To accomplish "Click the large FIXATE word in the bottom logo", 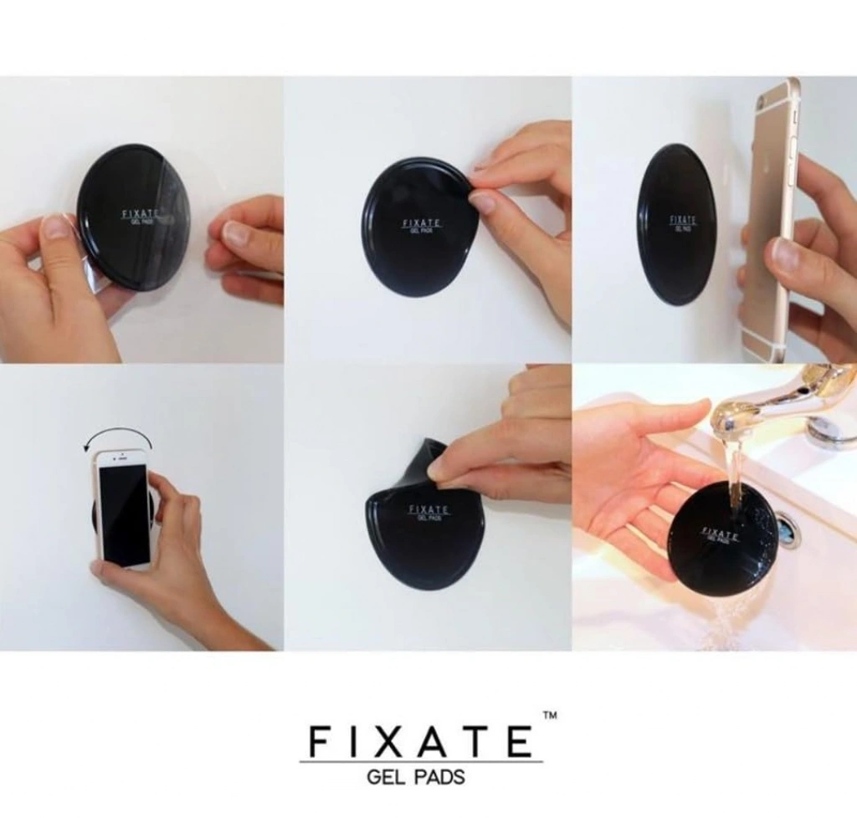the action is point(420,740).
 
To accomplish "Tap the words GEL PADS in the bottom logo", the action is point(416,776).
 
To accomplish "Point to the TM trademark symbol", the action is point(550,716).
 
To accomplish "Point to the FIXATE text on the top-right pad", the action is point(683,220).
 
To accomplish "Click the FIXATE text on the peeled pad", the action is point(429,509).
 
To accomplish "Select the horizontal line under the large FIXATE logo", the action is point(421,761).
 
